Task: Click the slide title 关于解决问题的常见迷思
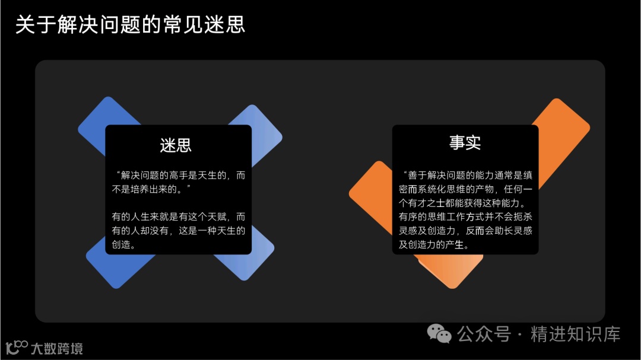tap(130, 26)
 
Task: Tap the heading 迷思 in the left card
tap(176, 145)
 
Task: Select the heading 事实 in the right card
tap(465, 142)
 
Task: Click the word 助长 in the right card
tap(502, 230)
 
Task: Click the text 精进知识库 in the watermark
tap(575, 334)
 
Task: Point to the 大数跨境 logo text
tap(57, 348)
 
